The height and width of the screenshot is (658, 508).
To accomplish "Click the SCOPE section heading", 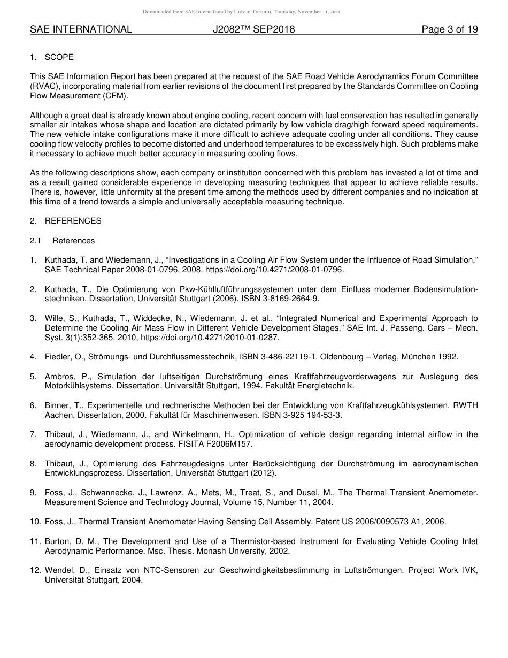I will (59, 57).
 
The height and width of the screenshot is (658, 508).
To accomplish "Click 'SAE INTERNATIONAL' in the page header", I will (81, 29).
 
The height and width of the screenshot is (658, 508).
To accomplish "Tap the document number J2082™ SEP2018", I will (253, 29).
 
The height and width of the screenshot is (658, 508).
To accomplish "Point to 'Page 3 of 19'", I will (449, 29).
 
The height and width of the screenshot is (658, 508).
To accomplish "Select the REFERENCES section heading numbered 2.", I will (73, 221).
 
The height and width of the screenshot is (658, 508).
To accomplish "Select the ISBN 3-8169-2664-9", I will (288, 299).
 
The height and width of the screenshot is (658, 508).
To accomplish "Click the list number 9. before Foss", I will (33, 493).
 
